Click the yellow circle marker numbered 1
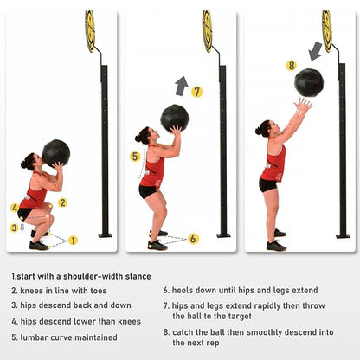point(73,240)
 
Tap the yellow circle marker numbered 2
point(62,202)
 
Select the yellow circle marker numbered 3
point(14,228)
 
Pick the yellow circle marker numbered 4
point(14,208)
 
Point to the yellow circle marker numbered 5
point(134,157)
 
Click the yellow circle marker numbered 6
point(193,238)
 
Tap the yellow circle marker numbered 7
point(196,91)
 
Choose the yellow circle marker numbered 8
point(291,65)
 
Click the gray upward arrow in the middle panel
point(181,85)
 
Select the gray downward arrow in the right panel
point(315,51)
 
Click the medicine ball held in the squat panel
point(55,152)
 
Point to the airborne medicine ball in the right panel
point(308,82)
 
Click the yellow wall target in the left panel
point(89,30)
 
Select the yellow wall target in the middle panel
point(207,30)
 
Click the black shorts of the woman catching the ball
point(268,185)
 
